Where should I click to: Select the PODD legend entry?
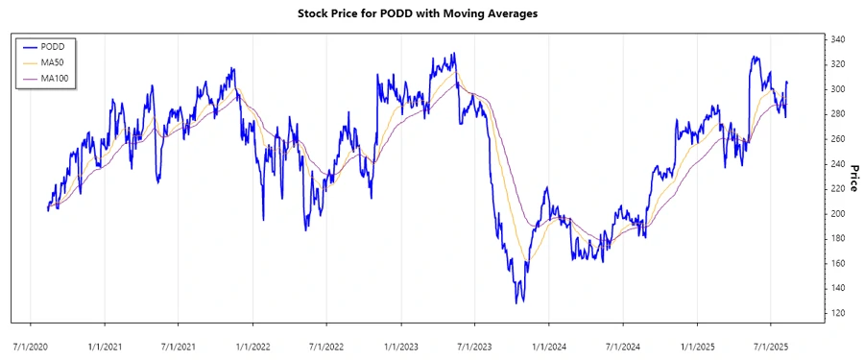point(53,46)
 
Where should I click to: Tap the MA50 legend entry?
point(53,61)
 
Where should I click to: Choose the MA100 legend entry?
point(55,77)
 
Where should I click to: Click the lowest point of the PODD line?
point(518,303)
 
